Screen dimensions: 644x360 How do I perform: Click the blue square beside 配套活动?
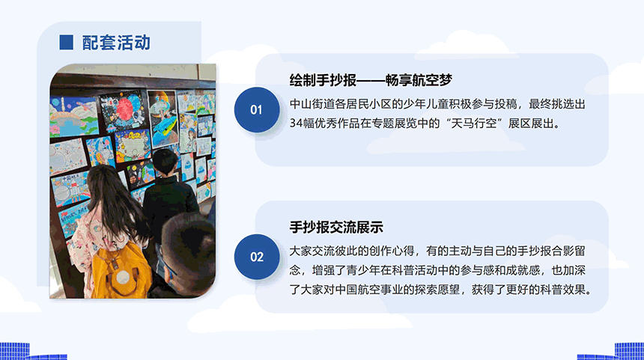point(66,42)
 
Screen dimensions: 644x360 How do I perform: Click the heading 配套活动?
point(116,43)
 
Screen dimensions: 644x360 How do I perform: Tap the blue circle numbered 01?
point(257,109)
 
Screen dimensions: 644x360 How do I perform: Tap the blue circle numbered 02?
point(257,257)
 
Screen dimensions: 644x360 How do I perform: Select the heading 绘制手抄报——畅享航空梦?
point(371,80)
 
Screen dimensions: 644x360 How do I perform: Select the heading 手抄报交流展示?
point(336,227)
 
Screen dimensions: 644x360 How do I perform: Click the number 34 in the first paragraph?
point(296,123)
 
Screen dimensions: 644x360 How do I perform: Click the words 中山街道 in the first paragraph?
point(312,104)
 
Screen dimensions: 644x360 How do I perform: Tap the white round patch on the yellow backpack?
point(123,278)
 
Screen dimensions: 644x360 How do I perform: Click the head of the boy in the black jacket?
point(165,162)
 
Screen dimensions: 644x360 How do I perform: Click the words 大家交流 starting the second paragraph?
point(312,251)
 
